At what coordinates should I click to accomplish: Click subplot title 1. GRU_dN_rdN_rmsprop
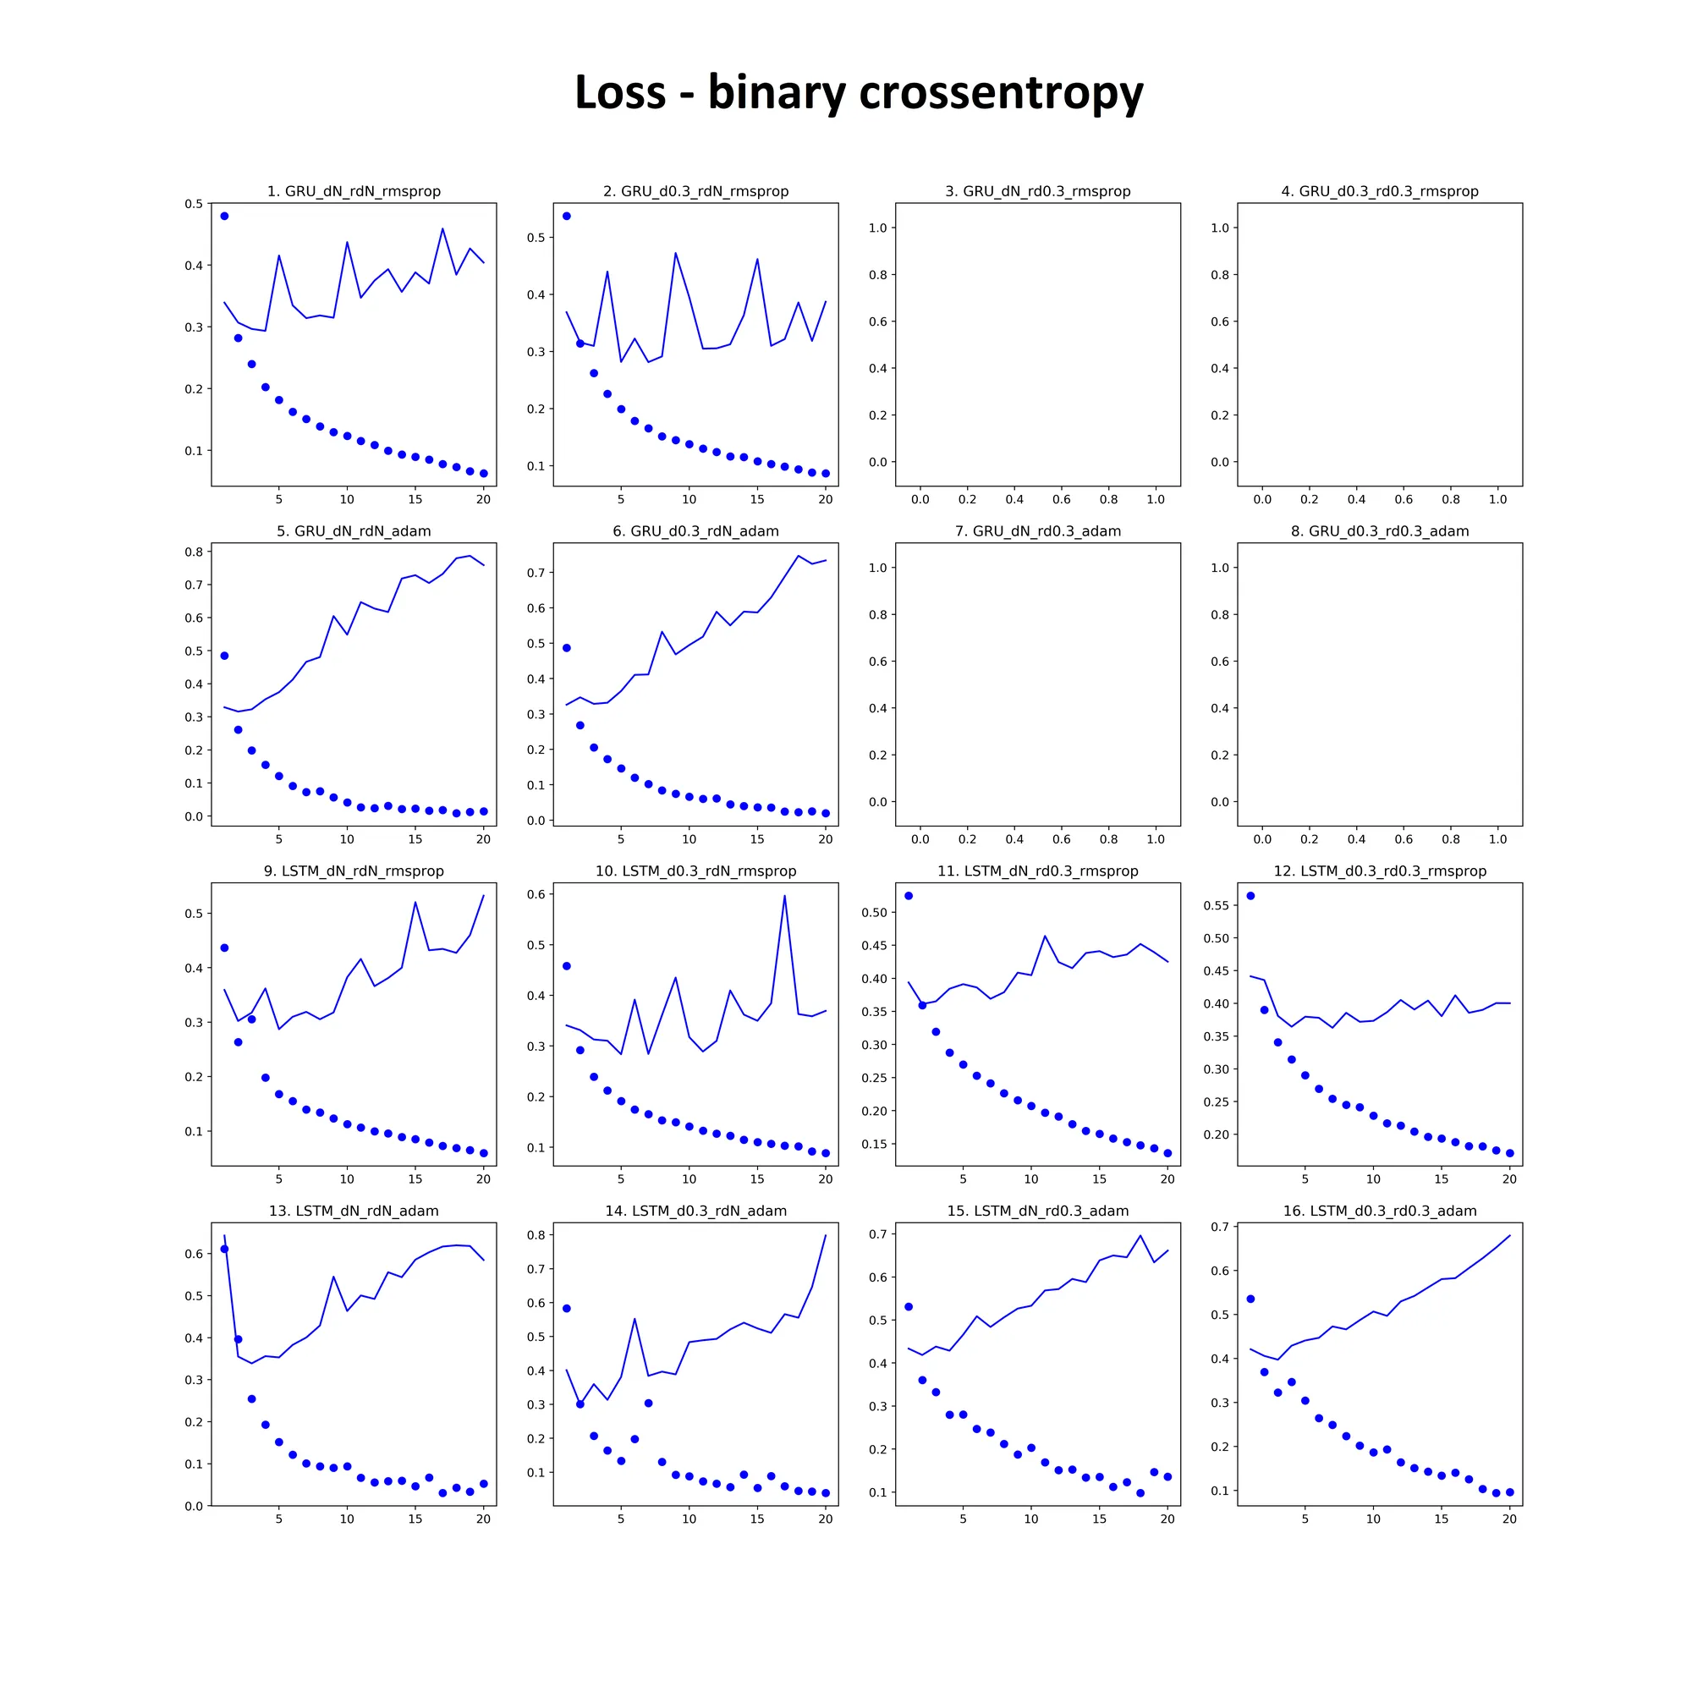354,191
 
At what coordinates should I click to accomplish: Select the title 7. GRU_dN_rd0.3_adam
1038,530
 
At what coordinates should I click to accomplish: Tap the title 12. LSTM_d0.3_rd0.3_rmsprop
1379,871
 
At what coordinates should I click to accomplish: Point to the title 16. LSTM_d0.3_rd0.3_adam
1379,1211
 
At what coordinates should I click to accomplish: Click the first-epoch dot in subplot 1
224,216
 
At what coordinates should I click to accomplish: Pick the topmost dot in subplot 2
567,216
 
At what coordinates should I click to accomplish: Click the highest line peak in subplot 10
785,895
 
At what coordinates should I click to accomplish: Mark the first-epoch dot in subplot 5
224,655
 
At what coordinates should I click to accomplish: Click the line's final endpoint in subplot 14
826,1235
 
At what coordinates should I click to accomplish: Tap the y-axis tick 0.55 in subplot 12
1216,904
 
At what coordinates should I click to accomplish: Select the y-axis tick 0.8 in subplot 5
194,552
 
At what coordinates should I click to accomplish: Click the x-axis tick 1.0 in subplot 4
1497,499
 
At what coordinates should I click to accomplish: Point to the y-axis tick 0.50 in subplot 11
874,912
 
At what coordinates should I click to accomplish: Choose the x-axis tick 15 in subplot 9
415,1178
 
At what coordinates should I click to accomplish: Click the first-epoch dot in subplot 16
1250,1299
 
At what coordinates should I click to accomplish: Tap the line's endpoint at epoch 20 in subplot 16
1510,1236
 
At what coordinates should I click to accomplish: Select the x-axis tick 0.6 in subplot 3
1062,499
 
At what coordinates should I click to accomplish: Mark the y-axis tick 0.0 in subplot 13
194,1506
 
